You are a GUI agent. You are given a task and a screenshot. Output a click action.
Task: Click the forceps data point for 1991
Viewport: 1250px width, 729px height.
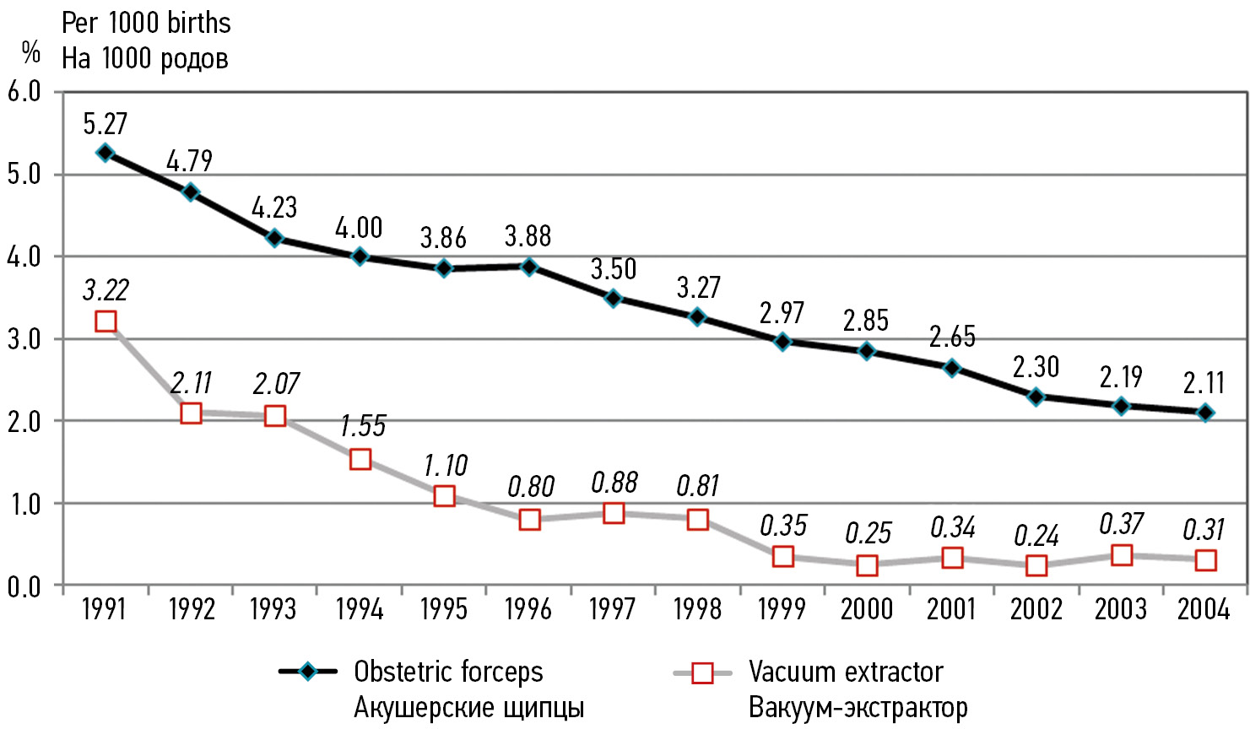pos(106,153)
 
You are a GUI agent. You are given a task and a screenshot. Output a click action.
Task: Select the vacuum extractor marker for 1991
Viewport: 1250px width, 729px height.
pos(106,321)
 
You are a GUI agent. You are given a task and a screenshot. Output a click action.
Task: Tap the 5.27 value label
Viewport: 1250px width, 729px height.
pos(106,124)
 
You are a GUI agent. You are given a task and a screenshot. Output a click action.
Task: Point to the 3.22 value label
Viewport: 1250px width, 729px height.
pos(106,290)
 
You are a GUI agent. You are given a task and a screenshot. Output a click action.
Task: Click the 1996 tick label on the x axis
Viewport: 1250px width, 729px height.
pos(528,609)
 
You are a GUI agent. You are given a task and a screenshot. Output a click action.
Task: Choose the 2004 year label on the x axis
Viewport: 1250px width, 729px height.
pos(1204,609)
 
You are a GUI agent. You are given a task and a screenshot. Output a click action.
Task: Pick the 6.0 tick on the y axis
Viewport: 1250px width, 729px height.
pos(24,91)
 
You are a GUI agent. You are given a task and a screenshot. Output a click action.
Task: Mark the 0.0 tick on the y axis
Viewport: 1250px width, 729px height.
pos(24,586)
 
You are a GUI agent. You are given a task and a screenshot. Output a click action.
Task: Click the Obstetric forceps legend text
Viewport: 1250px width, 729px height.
pos(448,672)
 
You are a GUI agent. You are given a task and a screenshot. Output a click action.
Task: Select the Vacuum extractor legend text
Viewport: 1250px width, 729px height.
pos(846,672)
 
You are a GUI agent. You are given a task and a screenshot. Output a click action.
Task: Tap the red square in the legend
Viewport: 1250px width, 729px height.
pos(701,672)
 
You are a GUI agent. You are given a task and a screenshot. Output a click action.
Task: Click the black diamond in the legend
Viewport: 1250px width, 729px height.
pos(308,672)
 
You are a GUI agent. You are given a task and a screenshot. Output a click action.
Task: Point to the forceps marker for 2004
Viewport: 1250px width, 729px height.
pos(1205,413)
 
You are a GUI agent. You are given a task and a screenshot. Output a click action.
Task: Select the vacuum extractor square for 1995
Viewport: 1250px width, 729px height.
pos(444,495)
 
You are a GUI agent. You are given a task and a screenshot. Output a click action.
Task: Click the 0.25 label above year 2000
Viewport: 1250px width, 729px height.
pos(869,533)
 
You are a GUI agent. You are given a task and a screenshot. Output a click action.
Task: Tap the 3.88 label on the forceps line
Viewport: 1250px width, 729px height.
pos(528,236)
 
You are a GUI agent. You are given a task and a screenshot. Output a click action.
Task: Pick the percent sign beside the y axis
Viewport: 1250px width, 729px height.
pos(31,53)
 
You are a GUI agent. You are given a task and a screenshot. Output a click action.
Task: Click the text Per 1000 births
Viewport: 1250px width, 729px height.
pos(146,23)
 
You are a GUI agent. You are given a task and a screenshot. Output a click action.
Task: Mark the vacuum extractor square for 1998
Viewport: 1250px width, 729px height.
pos(698,519)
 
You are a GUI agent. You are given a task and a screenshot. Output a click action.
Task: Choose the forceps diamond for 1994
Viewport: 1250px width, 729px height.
pos(360,256)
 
